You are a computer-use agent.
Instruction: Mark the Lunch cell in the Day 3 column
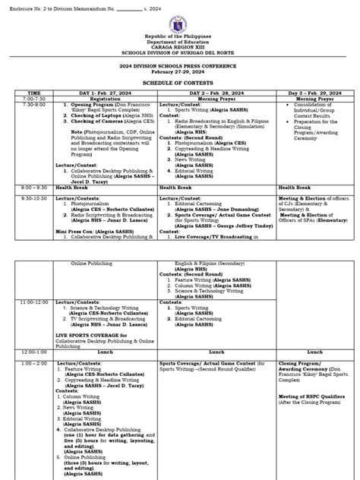tap(312, 352)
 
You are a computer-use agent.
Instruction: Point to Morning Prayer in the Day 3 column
tap(312, 99)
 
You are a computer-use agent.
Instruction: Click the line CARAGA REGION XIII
tap(180, 55)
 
